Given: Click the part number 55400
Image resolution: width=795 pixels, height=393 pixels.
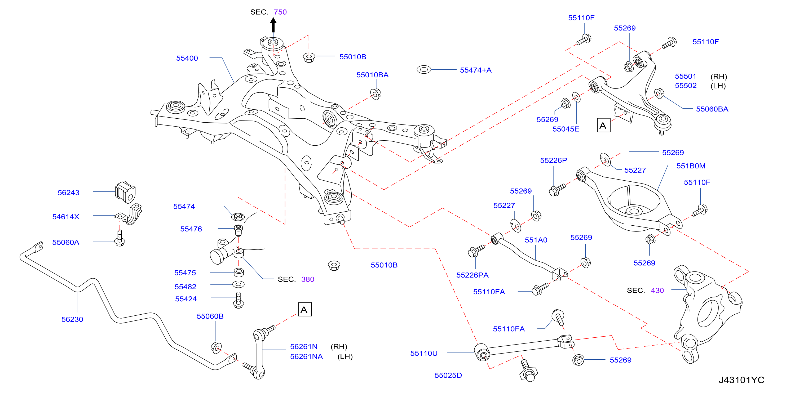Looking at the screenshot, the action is [x=187, y=58].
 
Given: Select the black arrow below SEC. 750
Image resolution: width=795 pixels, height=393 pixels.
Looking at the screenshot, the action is [x=273, y=25].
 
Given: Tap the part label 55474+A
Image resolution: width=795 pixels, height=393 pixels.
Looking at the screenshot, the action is [x=476, y=70].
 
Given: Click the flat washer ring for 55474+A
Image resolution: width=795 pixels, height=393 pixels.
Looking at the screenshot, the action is [x=424, y=70].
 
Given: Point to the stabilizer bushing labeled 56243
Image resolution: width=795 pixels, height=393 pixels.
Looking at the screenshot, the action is [x=125, y=192].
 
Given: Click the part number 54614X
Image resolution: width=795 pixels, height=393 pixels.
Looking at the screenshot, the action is [x=66, y=217].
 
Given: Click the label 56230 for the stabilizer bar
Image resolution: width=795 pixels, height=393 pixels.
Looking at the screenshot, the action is [x=72, y=319].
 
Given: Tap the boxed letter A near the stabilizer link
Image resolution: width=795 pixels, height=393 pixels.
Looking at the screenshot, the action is [x=304, y=309].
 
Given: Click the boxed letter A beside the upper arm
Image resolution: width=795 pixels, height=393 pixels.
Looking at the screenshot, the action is [x=604, y=125].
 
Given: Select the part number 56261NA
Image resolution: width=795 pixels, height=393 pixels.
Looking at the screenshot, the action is [x=306, y=357].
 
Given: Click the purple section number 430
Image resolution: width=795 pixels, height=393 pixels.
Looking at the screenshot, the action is [x=657, y=291].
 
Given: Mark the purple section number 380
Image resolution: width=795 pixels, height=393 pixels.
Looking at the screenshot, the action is [x=308, y=279].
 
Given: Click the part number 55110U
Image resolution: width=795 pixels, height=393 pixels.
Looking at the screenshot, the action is [x=424, y=354].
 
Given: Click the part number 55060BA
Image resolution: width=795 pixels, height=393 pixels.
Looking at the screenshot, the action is [x=712, y=109].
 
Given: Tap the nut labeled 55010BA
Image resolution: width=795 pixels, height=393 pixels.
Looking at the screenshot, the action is [x=376, y=94].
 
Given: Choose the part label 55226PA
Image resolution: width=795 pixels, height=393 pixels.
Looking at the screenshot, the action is [x=472, y=275].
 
